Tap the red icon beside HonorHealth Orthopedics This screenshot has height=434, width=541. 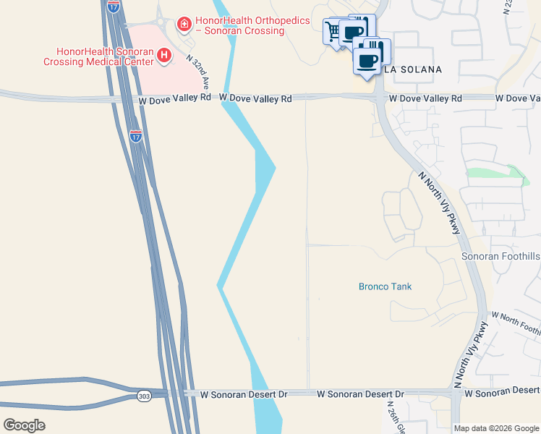184,25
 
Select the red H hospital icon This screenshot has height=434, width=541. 165,55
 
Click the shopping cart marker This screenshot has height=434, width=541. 334,32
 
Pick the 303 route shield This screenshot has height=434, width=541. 145,396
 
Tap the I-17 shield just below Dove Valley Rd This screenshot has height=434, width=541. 136,135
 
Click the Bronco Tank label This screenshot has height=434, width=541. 385,286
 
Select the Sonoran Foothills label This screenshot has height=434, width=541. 500,257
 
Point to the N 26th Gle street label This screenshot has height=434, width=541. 391,415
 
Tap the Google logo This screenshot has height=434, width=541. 24,425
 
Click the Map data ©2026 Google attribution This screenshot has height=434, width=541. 496,428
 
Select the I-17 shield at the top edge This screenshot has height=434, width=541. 114,6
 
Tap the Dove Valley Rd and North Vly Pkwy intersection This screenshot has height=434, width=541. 379,98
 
